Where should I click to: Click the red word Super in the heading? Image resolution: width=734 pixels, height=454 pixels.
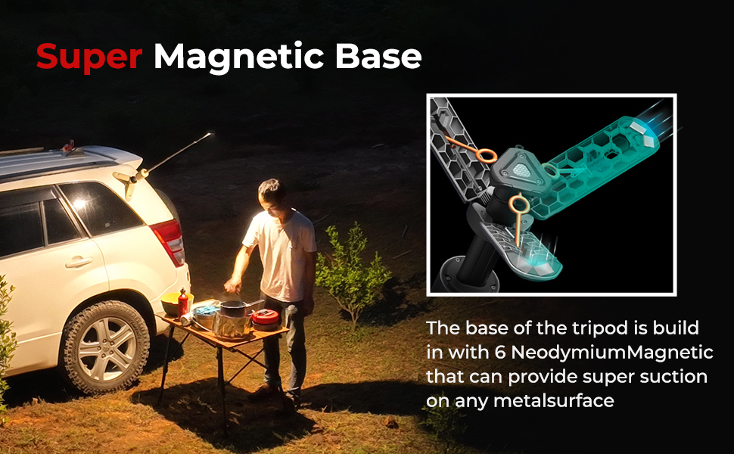(89, 57)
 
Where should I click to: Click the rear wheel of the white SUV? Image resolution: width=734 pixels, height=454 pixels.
(106, 347)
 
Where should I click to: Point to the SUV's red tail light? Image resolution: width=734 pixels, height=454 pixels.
(169, 241)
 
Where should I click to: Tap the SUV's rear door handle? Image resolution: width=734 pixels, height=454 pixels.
(79, 262)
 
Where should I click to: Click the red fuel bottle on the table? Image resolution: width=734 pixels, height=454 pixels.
(182, 303)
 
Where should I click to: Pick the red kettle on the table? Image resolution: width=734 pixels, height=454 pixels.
(266, 319)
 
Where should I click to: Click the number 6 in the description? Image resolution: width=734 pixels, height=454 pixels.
(500, 352)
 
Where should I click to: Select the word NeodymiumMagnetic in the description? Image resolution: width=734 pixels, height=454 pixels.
(612, 353)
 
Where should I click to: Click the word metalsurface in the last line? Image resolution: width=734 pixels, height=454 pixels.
(554, 400)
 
